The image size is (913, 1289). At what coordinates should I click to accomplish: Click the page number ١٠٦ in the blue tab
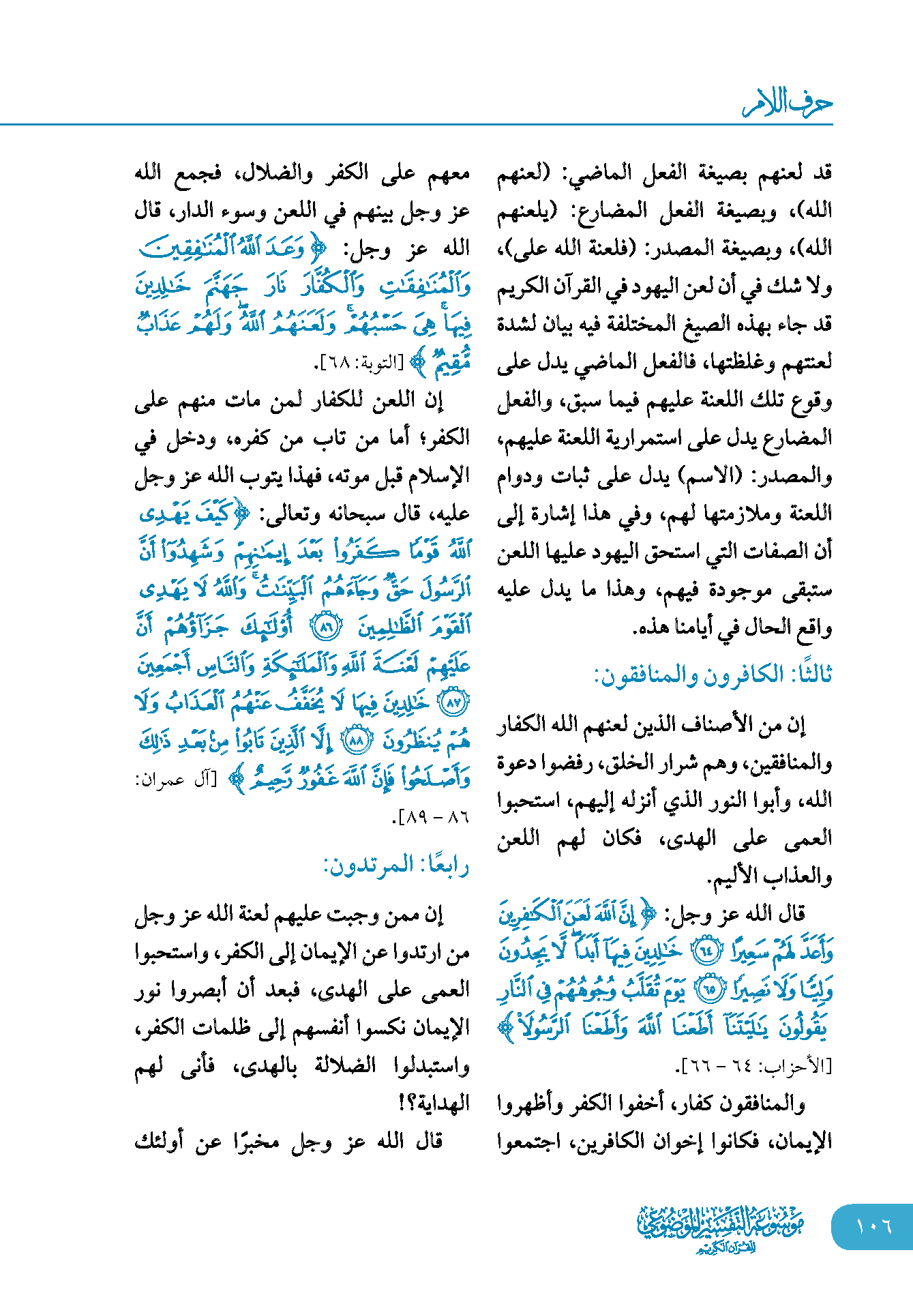pos(873,1226)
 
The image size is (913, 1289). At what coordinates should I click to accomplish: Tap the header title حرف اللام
pos(787,103)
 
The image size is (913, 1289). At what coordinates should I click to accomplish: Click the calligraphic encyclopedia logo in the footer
pos(721,1228)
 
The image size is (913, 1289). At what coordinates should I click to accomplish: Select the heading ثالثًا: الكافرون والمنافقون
pos(713,675)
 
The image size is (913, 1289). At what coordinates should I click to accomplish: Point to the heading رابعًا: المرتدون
pos(396,865)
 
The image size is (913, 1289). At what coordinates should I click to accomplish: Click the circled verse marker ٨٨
pos(355,741)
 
